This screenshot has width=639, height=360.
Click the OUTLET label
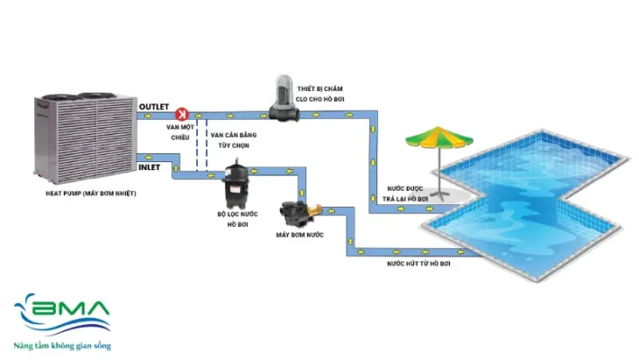155,106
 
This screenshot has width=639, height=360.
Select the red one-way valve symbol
181,114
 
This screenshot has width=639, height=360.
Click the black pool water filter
238,180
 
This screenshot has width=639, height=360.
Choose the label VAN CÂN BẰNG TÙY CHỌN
229,139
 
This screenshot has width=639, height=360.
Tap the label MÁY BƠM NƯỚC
299,237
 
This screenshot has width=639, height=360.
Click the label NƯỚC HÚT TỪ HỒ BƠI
417,264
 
